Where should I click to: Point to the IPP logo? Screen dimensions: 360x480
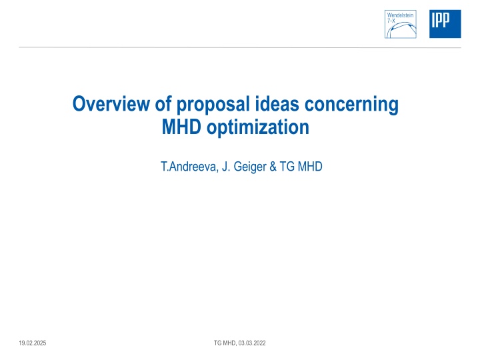444,23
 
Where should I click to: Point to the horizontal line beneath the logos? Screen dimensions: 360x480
240,47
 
